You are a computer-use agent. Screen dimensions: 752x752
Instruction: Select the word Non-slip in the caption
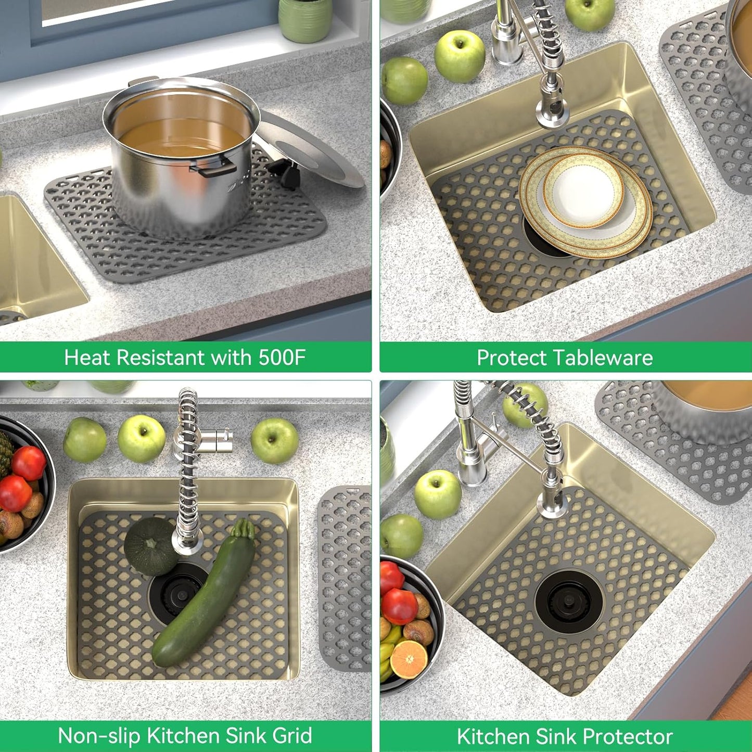pos(99,736)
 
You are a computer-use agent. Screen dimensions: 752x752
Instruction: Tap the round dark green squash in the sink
pos(149,546)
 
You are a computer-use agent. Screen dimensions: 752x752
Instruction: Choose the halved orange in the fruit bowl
pos(409,659)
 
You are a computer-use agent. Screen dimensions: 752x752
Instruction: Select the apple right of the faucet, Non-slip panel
pos(275,440)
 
